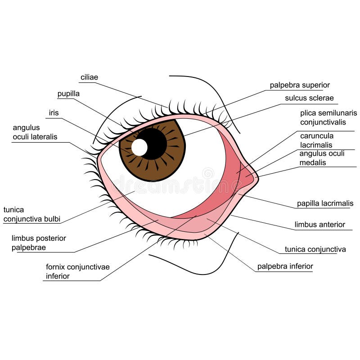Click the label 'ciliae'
coord(89,77)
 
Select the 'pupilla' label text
coord(68,94)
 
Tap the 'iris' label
coord(54,112)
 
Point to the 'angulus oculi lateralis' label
coord(35,132)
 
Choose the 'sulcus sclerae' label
coord(309,98)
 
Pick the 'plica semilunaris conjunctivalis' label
coord(328,117)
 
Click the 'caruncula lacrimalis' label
coord(317,140)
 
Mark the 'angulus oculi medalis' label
coord(322,157)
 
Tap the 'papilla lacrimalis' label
coord(325,204)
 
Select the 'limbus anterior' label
coord(319,225)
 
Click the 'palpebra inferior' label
coord(285,266)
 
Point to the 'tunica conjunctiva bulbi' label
coord(31,214)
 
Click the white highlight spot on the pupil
coord(139,147)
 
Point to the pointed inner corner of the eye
coord(257,178)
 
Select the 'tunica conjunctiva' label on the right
coord(315,249)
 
